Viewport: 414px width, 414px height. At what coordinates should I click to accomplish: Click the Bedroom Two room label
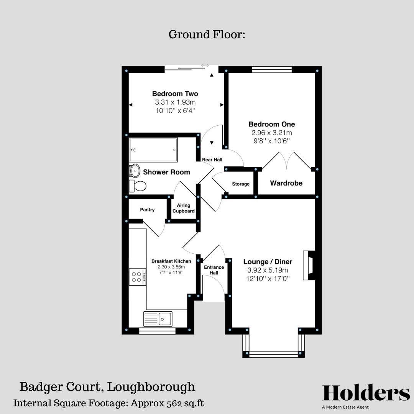tap(175, 94)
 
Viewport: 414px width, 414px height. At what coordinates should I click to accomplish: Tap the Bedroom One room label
tap(271, 124)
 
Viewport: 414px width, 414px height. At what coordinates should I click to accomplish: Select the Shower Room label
tap(166, 172)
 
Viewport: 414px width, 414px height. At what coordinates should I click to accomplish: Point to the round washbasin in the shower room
tap(135, 170)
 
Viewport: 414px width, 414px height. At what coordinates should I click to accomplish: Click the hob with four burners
tap(137, 276)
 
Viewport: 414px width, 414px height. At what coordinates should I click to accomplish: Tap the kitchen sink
tap(158, 318)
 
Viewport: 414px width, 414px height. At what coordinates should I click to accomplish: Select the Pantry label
tap(147, 210)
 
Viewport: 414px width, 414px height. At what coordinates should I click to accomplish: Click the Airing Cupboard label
tap(184, 208)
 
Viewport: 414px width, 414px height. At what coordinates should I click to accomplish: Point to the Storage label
tap(241, 184)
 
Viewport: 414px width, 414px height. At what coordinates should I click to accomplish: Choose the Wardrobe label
tap(286, 183)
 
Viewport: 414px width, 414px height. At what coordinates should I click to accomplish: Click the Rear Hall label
tap(212, 159)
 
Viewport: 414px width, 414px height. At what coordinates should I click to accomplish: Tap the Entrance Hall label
tap(214, 270)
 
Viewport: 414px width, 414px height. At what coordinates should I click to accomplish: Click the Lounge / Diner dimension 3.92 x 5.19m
tap(268, 270)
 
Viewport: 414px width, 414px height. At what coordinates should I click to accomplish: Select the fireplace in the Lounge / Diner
tap(309, 265)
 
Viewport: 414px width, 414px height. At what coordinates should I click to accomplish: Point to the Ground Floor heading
tap(207, 34)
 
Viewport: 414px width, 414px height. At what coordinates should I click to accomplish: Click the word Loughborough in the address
tap(151, 387)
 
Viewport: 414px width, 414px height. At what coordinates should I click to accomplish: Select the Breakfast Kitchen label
tap(171, 261)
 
